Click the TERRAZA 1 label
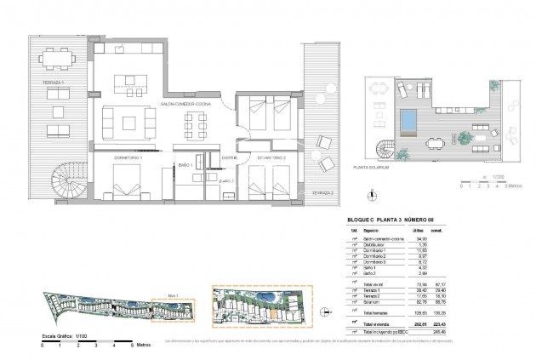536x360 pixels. tap(42, 82)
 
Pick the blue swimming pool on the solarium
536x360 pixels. tap(409, 119)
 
